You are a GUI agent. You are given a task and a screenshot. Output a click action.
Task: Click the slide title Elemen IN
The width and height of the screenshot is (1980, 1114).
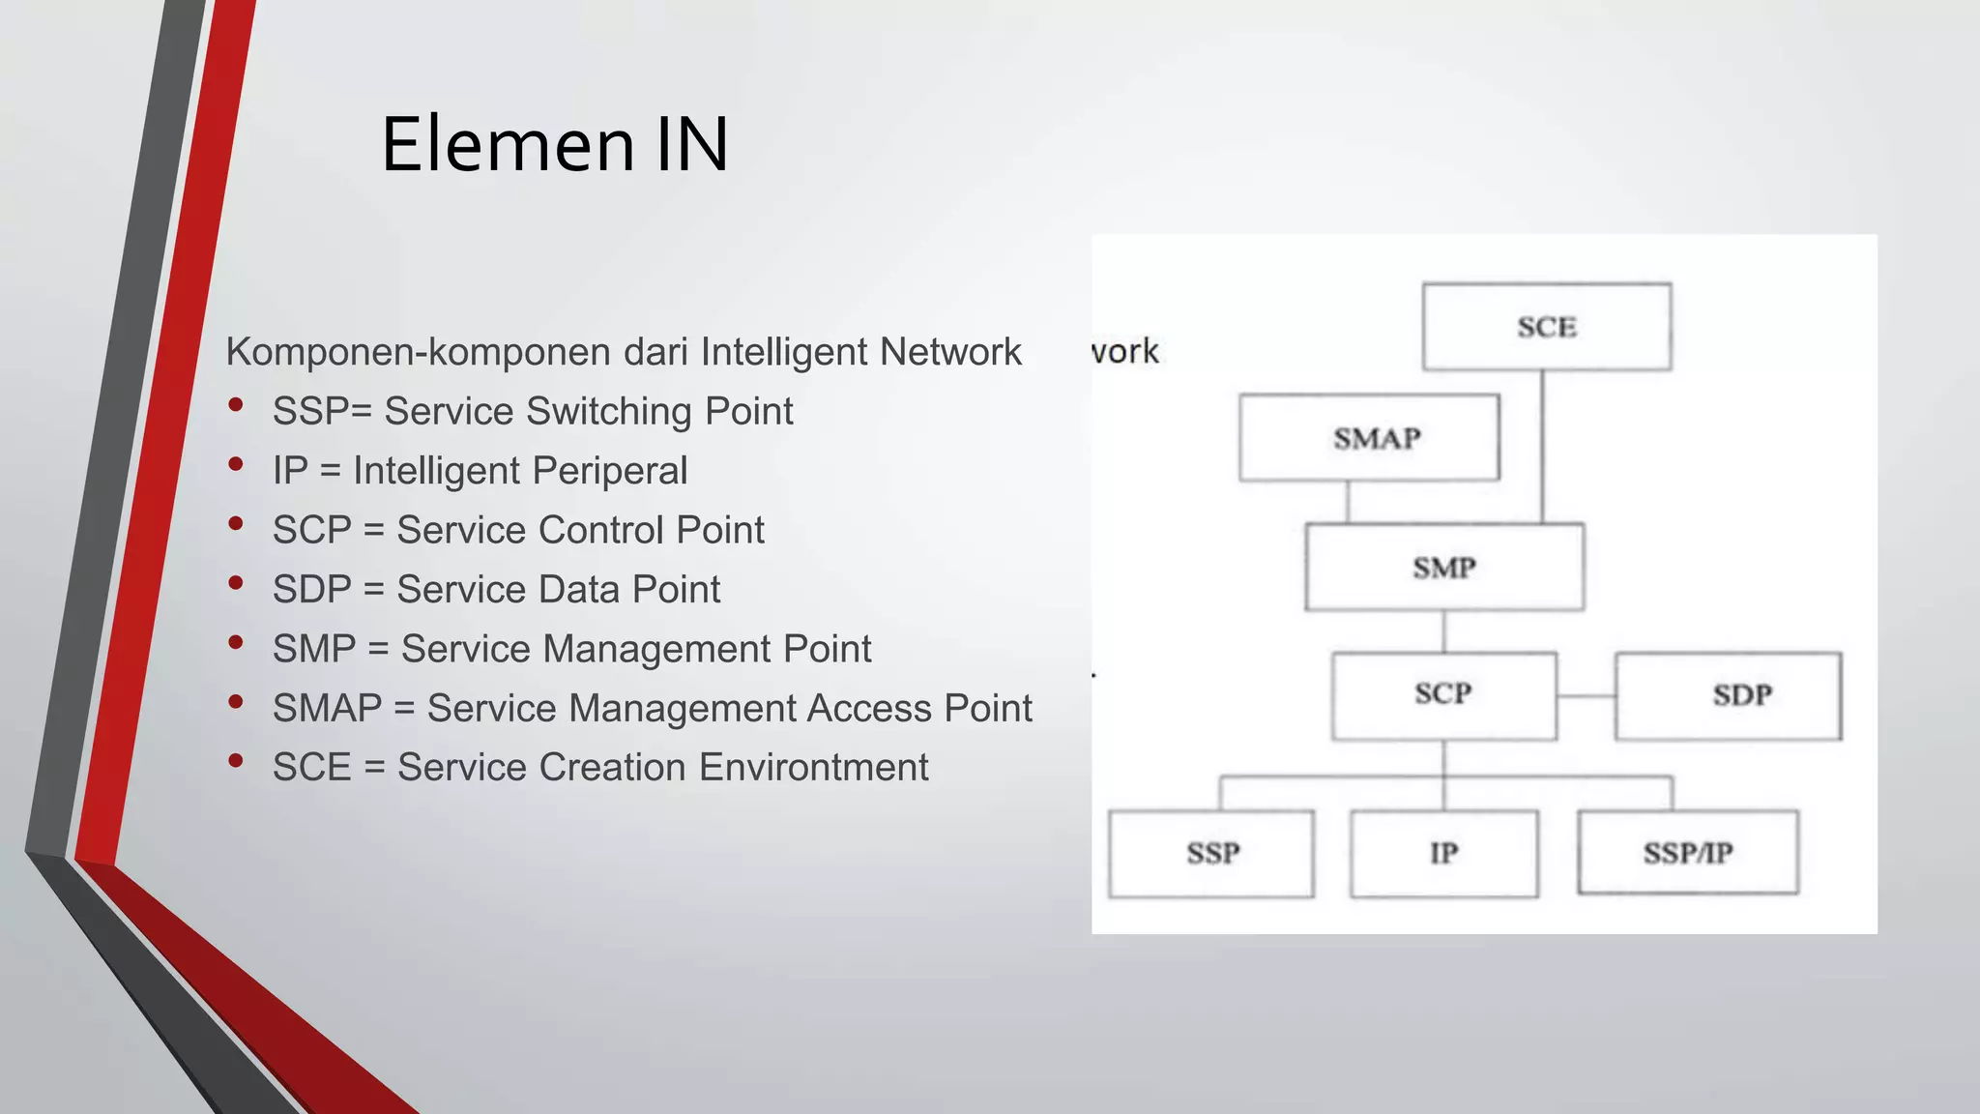tap(555, 145)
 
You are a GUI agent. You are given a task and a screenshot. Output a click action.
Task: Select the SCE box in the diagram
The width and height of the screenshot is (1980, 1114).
tap(1546, 327)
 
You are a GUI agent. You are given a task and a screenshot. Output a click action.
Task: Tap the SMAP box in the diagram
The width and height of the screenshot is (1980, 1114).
tap(1369, 438)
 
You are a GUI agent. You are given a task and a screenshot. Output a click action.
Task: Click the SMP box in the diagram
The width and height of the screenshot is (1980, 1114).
tap(1443, 568)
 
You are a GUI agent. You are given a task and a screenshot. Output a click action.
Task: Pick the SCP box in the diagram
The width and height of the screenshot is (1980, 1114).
tap(1443, 695)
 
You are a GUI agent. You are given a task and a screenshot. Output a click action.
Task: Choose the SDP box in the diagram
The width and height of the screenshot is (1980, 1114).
tap(1728, 695)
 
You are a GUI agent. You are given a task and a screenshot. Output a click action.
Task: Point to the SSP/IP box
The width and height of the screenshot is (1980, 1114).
tap(1687, 853)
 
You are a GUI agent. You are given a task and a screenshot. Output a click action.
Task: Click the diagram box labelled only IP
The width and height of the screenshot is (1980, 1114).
tap(1443, 853)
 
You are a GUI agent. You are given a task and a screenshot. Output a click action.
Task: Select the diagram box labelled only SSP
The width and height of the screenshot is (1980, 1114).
tap(1210, 853)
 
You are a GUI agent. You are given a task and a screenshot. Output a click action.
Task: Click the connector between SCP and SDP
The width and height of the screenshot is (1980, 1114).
tap(1586, 696)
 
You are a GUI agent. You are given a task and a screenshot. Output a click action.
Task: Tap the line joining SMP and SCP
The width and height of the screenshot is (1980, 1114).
tap(1443, 631)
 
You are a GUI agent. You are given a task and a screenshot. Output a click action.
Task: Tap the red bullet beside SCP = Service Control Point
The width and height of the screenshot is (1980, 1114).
tap(236, 524)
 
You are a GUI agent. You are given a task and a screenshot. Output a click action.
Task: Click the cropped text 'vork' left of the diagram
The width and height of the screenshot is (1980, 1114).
tap(1124, 351)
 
